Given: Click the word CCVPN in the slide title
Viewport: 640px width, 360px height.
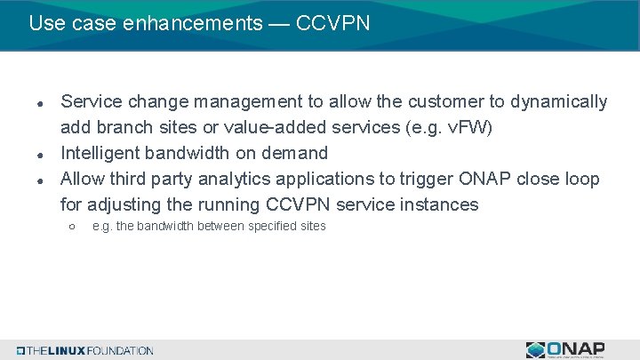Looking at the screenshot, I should click(x=333, y=22).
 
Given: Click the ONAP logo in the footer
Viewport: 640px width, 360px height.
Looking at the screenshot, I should click(x=566, y=349).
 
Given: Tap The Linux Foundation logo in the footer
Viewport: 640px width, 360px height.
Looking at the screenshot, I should click(x=84, y=350).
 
